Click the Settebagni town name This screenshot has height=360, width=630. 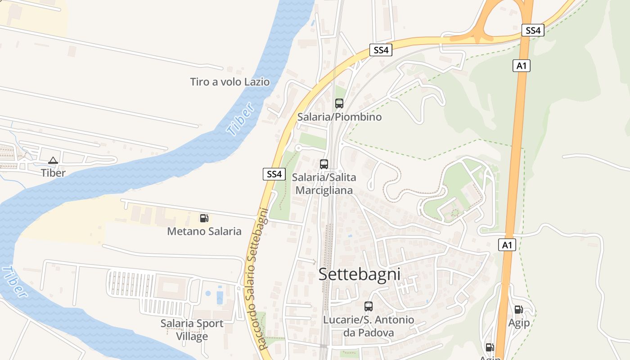pos(359,274)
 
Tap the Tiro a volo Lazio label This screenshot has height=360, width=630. pos(229,82)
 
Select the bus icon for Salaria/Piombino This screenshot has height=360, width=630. pos(339,103)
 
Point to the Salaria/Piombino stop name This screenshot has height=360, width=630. pos(339,117)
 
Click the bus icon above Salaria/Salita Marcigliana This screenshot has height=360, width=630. pos(324,164)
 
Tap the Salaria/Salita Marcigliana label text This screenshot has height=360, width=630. pos(324,184)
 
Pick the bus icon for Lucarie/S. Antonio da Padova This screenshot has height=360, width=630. pos(369,306)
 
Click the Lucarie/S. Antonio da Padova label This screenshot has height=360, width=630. pos(369,326)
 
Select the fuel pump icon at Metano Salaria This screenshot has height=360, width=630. pos(204,218)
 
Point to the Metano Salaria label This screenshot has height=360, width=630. pos(204,231)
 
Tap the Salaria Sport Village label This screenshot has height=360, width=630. pos(192,330)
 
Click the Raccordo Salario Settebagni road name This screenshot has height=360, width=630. pos(257,279)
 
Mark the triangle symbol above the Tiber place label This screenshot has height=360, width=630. pos(53,160)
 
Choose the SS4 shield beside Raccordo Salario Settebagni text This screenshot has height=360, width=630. pos(274,174)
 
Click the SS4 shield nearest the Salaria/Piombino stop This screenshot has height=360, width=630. pos(381,50)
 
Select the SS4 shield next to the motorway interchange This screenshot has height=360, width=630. pos(533,30)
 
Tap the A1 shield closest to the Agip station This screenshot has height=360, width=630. pos(507,245)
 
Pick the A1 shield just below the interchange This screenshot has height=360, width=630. pos(521,66)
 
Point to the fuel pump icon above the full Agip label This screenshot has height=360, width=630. pos(518,310)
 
